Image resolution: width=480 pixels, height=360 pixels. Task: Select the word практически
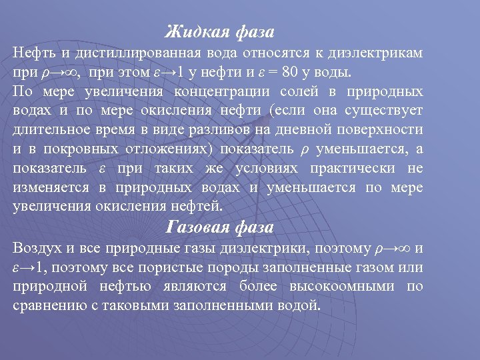click(358, 168)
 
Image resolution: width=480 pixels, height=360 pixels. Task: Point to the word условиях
click(261, 168)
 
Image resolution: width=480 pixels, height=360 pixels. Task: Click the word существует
click(382, 110)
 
